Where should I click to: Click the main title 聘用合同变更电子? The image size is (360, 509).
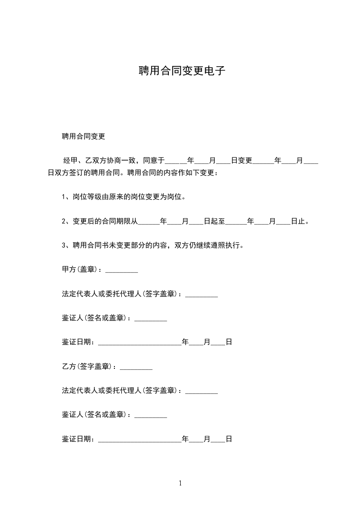tap(182, 71)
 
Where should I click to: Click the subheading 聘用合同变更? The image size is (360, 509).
tap(84, 136)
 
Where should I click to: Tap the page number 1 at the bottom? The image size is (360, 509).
tap(180, 483)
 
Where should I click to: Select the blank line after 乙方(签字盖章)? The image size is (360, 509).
tap(136, 367)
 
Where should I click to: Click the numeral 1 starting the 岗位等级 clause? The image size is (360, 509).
tap(64, 197)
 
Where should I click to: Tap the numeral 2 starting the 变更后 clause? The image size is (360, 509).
tap(64, 222)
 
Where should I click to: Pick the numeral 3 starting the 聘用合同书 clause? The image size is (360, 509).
tap(64, 246)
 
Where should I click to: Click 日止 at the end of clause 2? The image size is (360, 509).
tap(298, 222)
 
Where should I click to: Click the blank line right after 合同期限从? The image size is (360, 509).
tap(149, 223)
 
